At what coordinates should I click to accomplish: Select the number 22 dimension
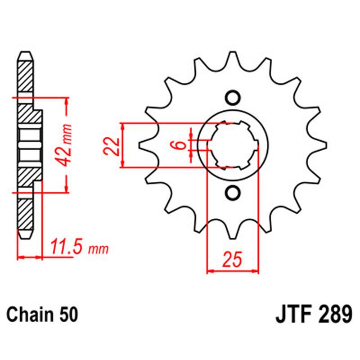112,145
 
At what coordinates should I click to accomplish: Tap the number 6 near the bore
179,145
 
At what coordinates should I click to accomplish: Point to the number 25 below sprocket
233,260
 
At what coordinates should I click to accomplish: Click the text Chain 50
42,314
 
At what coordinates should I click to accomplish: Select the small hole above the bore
233,98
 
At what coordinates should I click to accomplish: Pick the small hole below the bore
233,193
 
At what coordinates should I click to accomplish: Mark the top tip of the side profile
25,53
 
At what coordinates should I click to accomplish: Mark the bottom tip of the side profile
25,237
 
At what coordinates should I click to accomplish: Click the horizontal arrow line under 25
233,271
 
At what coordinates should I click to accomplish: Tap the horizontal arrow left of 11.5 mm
29,257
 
